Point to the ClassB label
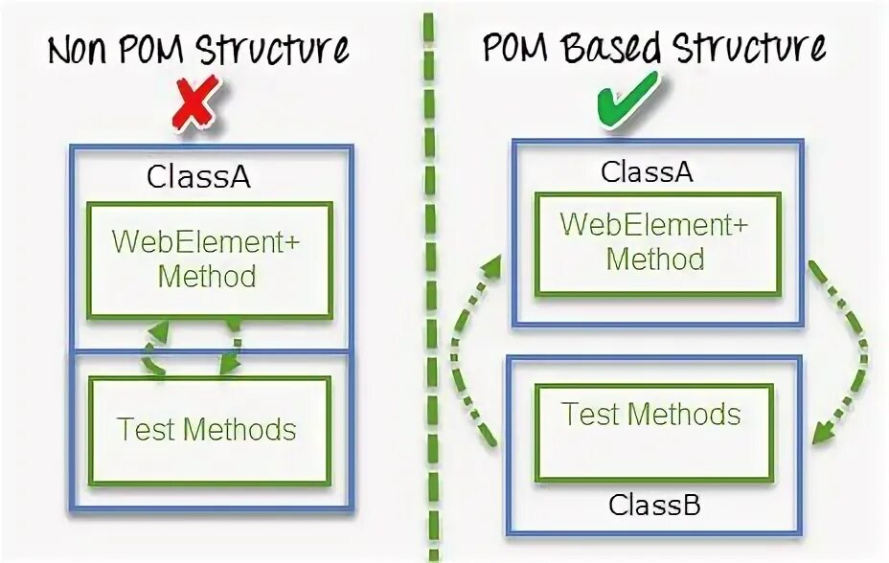pyautogui.click(x=654, y=504)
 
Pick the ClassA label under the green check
pyautogui.click(x=647, y=172)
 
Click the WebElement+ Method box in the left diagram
pyautogui.click(x=210, y=259)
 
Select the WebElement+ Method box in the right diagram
pyautogui.click(x=655, y=243)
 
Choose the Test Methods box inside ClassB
pyautogui.click(x=652, y=415)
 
